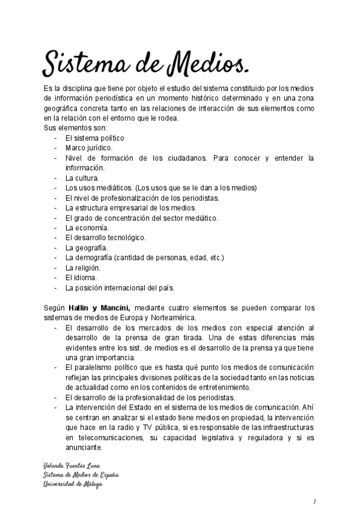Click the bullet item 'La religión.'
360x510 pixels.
pyautogui.click(x=84, y=268)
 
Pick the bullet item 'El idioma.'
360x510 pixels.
pyautogui.click(x=81, y=277)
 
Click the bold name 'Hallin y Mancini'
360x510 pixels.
pyautogui.click(x=103, y=308)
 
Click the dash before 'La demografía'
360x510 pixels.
pyautogui.click(x=55, y=258)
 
